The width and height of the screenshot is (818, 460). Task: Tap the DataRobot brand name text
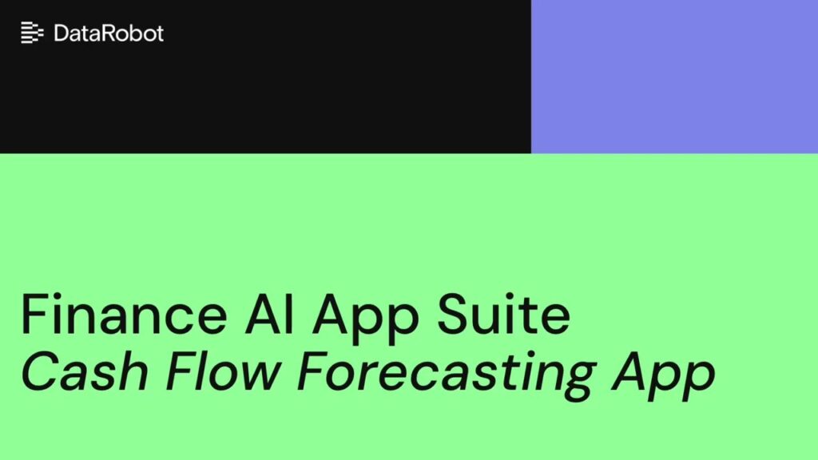coord(109,33)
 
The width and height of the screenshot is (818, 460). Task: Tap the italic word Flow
coord(206,369)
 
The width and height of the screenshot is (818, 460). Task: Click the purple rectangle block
coord(674,76)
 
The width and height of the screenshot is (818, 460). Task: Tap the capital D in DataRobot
coord(61,33)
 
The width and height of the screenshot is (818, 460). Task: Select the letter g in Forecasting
coord(578,375)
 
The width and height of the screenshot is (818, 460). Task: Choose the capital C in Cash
coord(38,369)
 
